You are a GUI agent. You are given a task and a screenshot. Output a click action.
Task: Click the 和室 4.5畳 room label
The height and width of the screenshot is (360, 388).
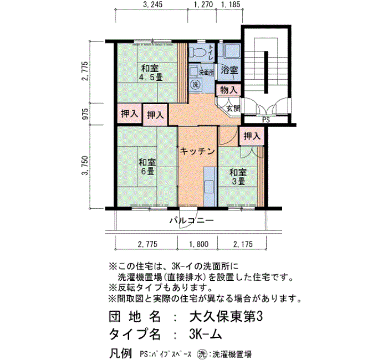[x=150, y=73]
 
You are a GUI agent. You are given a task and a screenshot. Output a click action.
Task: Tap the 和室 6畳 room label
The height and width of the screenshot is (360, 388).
[x=147, y=167]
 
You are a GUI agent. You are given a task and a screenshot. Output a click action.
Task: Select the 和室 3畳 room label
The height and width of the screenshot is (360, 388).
[x=238, y=177]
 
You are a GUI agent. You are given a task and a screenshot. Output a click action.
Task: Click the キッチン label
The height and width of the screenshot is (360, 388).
[x=197, y=151]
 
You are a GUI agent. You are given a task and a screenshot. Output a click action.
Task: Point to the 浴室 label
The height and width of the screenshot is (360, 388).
[x=229, y=70]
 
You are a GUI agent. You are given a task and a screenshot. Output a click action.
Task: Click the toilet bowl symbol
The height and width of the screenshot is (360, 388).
[x=197, y=53]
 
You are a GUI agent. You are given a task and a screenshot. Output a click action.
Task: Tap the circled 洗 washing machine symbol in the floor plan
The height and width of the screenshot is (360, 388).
[x=196, y=85]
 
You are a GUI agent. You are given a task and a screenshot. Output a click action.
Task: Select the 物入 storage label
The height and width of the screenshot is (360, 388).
[x=228, y=90]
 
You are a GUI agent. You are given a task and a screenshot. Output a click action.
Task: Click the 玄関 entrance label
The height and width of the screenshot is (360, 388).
[x=233, y=109]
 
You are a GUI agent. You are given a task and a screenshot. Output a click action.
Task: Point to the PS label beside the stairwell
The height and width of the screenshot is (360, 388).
[x=266, y=120]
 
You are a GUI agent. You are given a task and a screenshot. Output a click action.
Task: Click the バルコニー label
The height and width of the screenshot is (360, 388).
[x=191, y=220]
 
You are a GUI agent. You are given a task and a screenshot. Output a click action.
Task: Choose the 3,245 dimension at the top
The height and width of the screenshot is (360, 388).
[x=152, y=4]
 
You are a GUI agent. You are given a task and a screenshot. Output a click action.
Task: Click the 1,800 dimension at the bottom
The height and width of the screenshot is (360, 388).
[x=198, y=244]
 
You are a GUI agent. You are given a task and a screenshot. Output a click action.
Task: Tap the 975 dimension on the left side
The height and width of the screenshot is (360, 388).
[x=85, y=114]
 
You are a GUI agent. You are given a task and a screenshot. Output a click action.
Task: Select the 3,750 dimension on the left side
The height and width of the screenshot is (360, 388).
[x=85, y=166]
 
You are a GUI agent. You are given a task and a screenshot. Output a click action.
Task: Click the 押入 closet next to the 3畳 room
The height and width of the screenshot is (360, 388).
[x=252, y=136]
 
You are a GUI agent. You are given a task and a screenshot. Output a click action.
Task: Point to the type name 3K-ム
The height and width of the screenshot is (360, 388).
[x=206, y=335]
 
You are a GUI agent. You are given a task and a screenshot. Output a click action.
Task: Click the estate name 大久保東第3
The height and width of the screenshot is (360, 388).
[x=226, y=316]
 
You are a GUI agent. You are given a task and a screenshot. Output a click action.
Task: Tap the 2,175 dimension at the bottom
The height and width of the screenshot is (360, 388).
[x=243, y=244]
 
